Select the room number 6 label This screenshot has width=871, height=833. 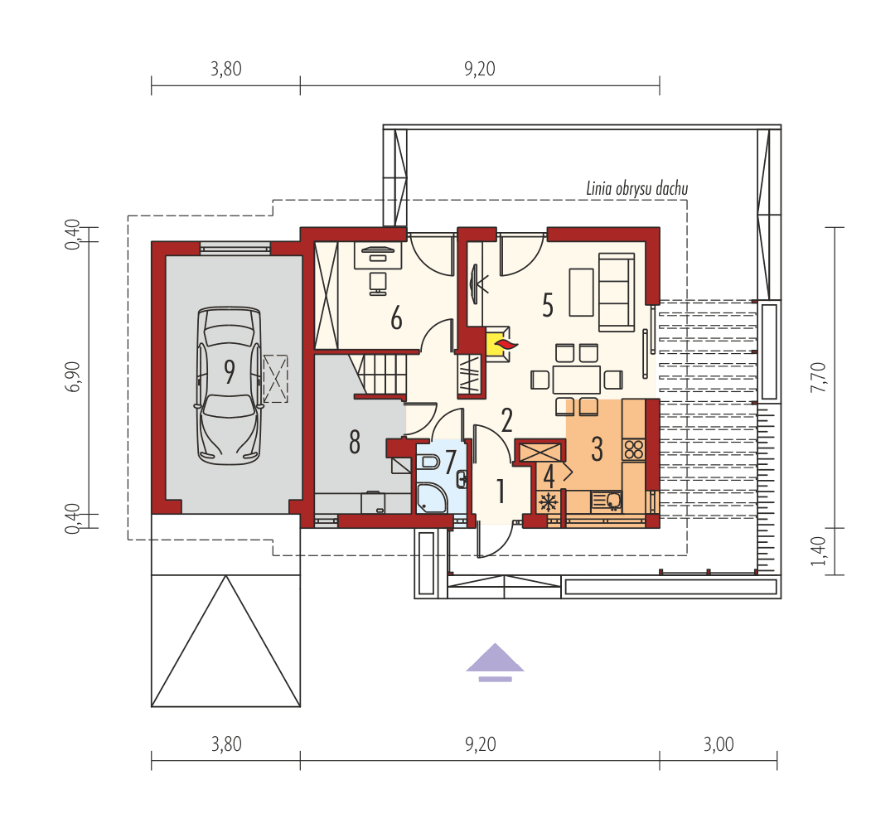point(396,318)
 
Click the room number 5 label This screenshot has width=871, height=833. point(547,305)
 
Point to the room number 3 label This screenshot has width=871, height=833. point(597,448)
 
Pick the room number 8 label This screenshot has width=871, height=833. point(355,443)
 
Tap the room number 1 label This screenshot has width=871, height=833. point(501,492)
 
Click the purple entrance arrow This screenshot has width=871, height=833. point(495,661)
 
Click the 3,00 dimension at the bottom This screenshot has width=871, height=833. point(719,743)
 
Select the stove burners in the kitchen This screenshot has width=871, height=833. point(634,449)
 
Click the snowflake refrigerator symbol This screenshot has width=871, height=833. point(547,502)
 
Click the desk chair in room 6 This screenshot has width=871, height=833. point(378,282)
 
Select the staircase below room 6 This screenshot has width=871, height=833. point(383,375)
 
